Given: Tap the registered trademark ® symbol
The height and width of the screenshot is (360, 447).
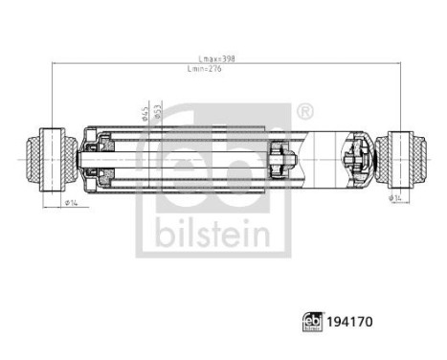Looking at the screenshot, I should click(x=304, y=113).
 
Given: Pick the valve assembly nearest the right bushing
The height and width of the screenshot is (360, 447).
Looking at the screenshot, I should click(x=356, y=157).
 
